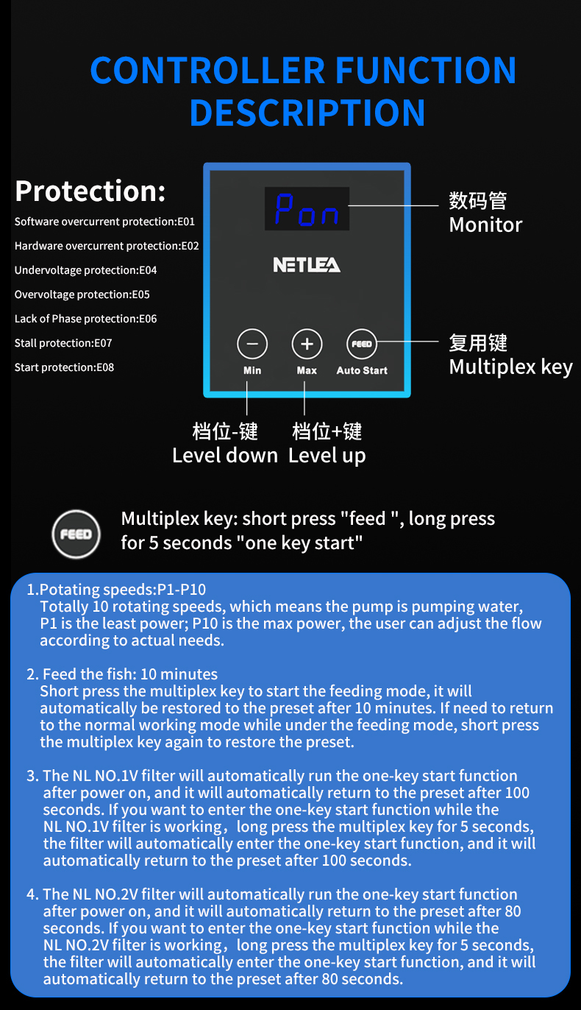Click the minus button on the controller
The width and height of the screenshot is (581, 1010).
tap(252, 344)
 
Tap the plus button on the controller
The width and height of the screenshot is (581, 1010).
tap(307, 344)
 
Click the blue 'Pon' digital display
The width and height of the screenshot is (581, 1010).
tap(307, 210)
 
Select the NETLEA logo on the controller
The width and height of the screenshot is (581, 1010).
tap(307, 264)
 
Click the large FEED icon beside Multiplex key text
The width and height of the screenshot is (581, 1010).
tap(76, 534)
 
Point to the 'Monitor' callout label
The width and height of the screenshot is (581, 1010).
tap(485, 225)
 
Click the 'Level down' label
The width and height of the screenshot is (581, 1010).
tap(225, 455)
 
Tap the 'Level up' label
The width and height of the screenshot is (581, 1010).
tap(327, 455)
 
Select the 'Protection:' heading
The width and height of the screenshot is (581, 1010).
tap(90, 191)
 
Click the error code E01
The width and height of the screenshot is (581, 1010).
tap(186, 222)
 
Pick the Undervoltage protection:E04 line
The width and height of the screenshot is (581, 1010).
tap(85, 270)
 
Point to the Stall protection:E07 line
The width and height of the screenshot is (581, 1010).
tap(64, 343)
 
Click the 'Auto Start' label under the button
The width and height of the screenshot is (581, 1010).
tap(362, 370)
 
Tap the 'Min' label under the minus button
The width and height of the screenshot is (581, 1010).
tap(252, 370)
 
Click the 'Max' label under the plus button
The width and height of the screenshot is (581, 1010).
tap(307, 370)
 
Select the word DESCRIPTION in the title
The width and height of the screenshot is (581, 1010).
tap(307, 113)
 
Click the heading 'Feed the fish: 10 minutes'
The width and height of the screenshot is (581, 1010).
tap(130, 674)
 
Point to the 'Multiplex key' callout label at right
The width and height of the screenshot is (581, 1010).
tap(510, 367)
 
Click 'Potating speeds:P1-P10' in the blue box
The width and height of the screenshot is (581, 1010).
tap(123, 590)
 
